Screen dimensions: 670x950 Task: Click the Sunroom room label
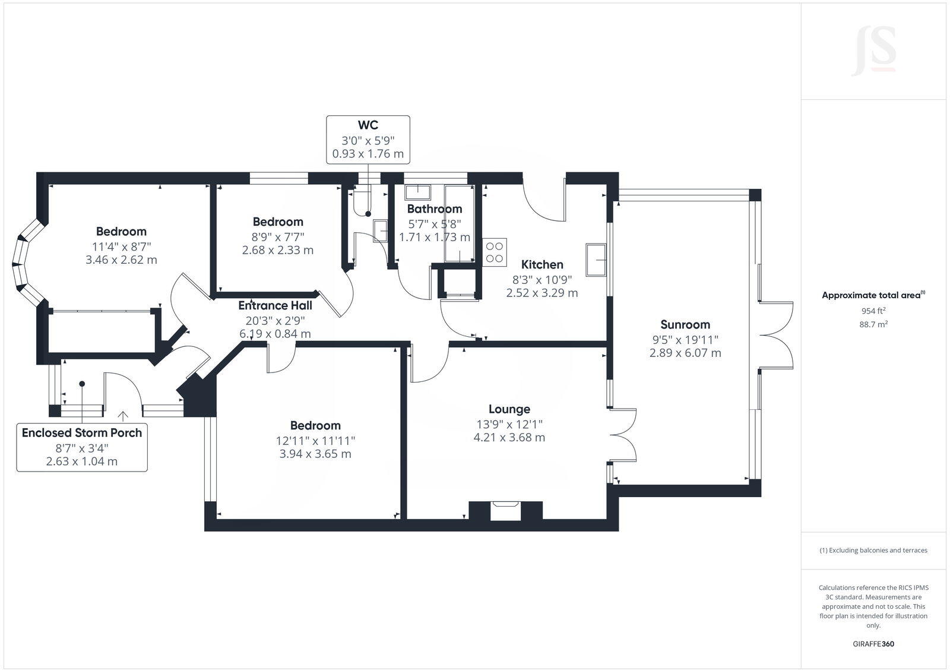[x=685, y=324]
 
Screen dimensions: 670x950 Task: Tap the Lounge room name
[x=509, y=409]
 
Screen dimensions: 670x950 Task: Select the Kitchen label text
[x=541, y=264]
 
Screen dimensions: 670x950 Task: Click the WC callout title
[x=368, y=125]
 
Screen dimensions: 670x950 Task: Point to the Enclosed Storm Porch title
[x=82, y=432]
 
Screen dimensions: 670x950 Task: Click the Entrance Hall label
[x=275, y=305]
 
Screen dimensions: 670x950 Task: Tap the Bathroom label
[x=434, y=208]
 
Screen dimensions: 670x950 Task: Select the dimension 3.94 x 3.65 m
[x=315, y=454]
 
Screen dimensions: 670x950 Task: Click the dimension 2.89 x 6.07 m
[x=685, y=353]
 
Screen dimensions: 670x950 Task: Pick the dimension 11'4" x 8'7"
[x=121, y=246]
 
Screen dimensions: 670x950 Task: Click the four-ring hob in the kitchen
[x=494, y=252]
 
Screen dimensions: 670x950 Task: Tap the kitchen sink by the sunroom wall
[x=596, y=260]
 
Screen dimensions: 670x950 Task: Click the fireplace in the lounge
[x=505, y=511]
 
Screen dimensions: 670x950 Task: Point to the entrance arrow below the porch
[x=123, y=416]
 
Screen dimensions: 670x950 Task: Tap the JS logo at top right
[x=873, y=52]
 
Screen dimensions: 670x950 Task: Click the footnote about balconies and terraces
[x=873, y=550]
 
